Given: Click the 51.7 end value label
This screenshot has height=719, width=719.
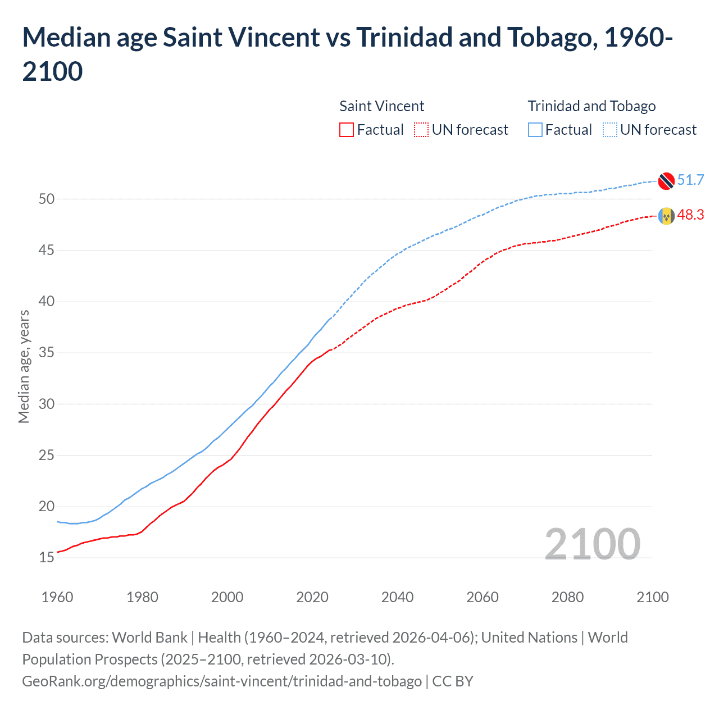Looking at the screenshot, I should pos(690,180).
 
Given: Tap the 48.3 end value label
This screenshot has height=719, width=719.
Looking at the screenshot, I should pos(690,215).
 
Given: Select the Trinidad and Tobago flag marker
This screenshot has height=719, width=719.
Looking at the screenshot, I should pos(666,180).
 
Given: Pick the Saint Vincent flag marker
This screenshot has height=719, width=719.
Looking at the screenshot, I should pos(666,216).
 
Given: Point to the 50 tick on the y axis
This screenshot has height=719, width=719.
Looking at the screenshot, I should pos(47,199).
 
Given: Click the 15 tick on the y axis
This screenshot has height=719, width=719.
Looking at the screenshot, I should pos(47,558).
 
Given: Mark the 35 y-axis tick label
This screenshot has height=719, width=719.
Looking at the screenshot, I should pos(47,353).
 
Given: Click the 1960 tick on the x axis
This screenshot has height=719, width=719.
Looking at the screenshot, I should pos(57,597).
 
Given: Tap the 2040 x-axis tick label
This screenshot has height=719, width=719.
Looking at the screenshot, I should pos(398,597).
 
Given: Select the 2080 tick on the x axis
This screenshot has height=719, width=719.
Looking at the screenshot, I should pos(567,597).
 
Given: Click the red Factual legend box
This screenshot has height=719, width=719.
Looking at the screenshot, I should pos(347,130).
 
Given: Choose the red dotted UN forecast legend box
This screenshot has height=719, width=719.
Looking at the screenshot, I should pos(421,130).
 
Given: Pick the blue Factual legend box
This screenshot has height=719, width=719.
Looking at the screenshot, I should pos(535,130).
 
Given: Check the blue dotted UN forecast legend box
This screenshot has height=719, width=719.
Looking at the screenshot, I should pos(609,130).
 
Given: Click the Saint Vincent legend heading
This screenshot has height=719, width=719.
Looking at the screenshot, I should pos(382,106).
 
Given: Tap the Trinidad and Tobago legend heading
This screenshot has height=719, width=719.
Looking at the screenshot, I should pos(591,106).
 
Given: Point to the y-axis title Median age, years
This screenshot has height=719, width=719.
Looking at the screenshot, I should pos(24,366).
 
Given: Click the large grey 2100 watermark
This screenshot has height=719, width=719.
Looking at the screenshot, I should pos(593,544).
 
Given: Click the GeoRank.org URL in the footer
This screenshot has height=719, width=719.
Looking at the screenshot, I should pos(222,681).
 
